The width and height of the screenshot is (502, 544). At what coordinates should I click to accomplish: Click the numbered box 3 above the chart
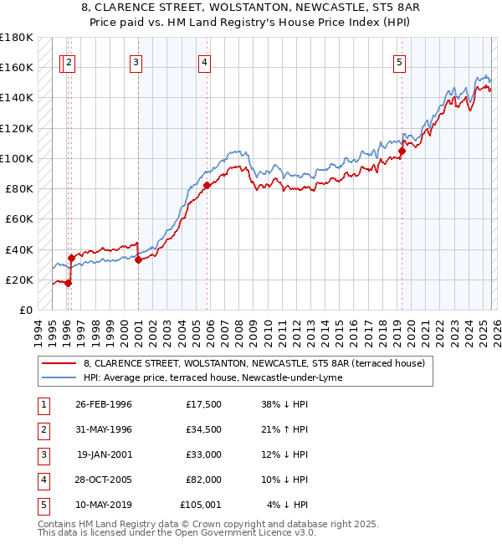(x=136, y=61)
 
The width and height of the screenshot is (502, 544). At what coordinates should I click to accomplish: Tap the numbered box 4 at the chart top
(x=204, y=61)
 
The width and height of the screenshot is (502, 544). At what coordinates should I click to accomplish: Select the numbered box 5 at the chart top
(x=399, y=61)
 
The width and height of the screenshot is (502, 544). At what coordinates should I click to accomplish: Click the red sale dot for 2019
(x=402, y=151)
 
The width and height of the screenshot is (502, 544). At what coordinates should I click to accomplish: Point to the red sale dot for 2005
(x=207, y=186)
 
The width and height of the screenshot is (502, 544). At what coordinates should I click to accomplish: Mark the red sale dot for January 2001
(x=138, y=260)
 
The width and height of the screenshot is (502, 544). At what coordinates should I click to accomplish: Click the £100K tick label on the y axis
(x=16, y=158)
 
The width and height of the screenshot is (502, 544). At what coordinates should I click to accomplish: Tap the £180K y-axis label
(x=16, y=38)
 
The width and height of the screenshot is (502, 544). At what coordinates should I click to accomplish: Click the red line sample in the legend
(x=60, y=363)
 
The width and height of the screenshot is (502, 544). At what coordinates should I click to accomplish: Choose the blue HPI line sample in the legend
(x=60, y=377)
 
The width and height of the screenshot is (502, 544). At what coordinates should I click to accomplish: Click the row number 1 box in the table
(x=42, y=404)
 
